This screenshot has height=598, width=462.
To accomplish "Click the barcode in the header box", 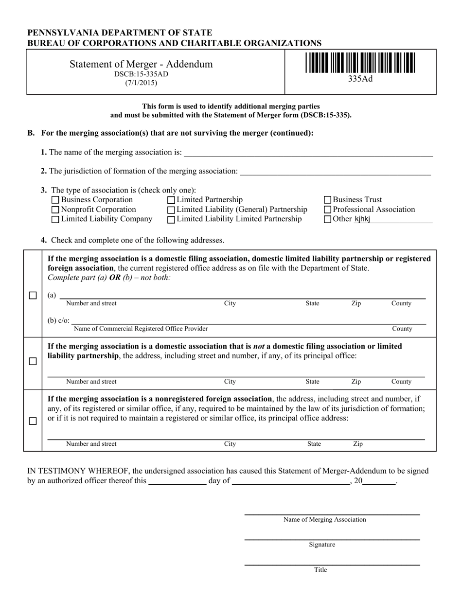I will click(360, 63).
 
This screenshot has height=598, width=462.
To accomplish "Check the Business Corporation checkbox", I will click(55, 200).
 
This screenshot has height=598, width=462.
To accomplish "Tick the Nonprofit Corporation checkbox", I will click(55, 210).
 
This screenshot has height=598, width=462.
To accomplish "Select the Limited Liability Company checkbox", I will click(55, 219).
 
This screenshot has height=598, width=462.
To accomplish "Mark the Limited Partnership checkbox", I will click(171, 200).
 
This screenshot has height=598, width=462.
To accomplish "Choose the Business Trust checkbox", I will click(328, 200).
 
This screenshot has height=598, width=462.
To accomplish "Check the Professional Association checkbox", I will click(328, 210).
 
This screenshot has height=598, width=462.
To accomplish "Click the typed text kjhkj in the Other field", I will click(362, 219).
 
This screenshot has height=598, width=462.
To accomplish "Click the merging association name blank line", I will click(307, 153).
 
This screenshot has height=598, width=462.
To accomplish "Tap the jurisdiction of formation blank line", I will click(335, 171).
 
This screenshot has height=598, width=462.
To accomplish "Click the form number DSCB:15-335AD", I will click(141, 74).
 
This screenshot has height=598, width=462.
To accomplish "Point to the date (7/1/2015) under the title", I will click(141, 83).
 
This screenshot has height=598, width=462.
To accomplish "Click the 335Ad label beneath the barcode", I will click(360, 79).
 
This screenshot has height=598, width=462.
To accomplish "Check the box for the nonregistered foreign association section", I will click(33, 421).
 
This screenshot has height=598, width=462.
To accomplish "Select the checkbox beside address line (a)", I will click(33, 296).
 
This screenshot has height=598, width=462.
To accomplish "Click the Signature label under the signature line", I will click(322, 545).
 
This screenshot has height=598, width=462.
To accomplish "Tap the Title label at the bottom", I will click(320, 570).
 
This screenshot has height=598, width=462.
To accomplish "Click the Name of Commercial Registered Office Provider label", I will click(141, 329).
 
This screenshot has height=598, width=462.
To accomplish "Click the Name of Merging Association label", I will click(325, 519).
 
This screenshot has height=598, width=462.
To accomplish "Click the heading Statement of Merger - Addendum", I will click(141, 64).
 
